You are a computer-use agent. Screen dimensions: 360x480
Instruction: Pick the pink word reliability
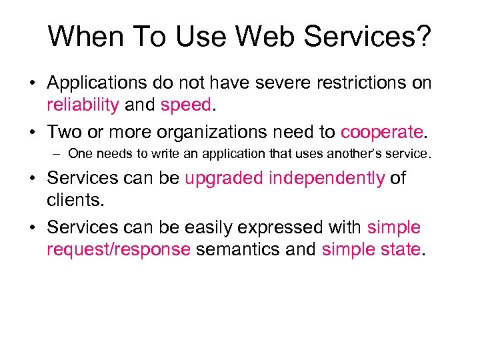83,105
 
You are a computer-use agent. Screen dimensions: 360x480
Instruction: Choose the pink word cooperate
381,131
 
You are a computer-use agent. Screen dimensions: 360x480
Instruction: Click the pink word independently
327,179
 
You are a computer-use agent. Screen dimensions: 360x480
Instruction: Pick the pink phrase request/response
119,249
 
